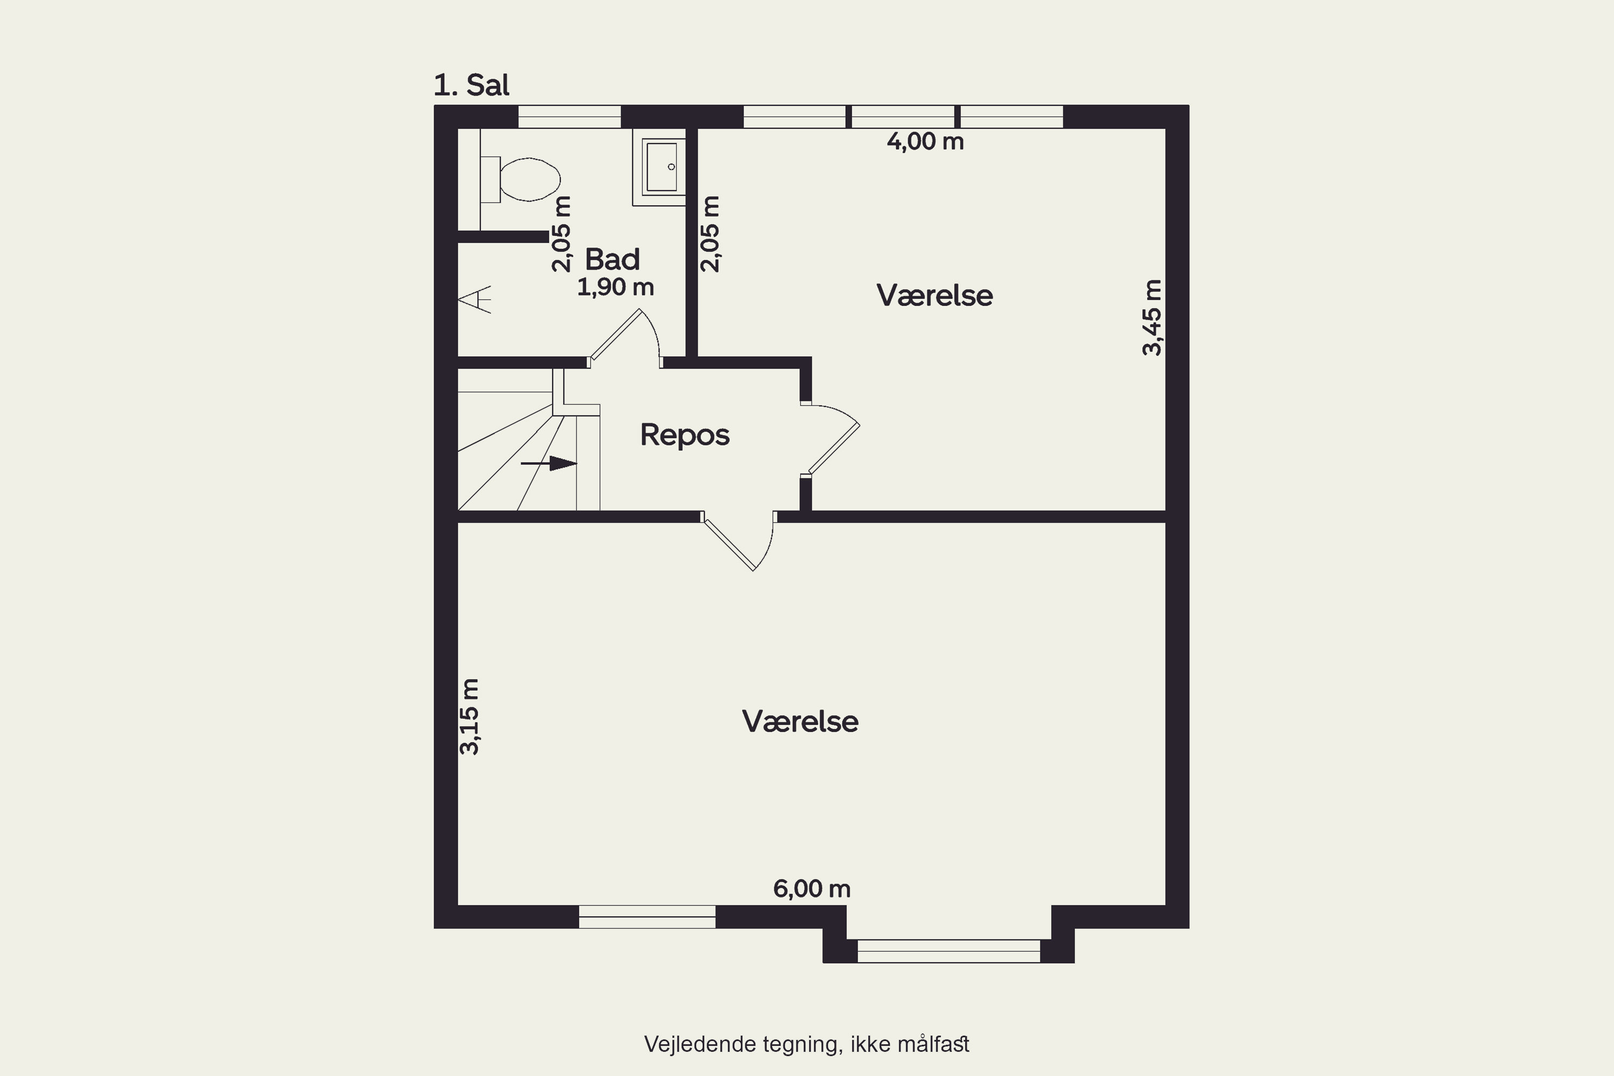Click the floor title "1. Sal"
coord(471,85)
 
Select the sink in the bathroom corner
coord(660,167)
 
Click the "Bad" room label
coord(612,259)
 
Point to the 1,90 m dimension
coord(615,287)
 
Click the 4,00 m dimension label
coord(925,141)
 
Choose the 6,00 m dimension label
coord(812,889)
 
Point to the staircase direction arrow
coord(549,464)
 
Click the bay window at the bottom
coord(949,951)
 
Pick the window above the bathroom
coord(570,117)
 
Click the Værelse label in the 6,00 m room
coord(800,722)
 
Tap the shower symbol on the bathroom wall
coord(475,299)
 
